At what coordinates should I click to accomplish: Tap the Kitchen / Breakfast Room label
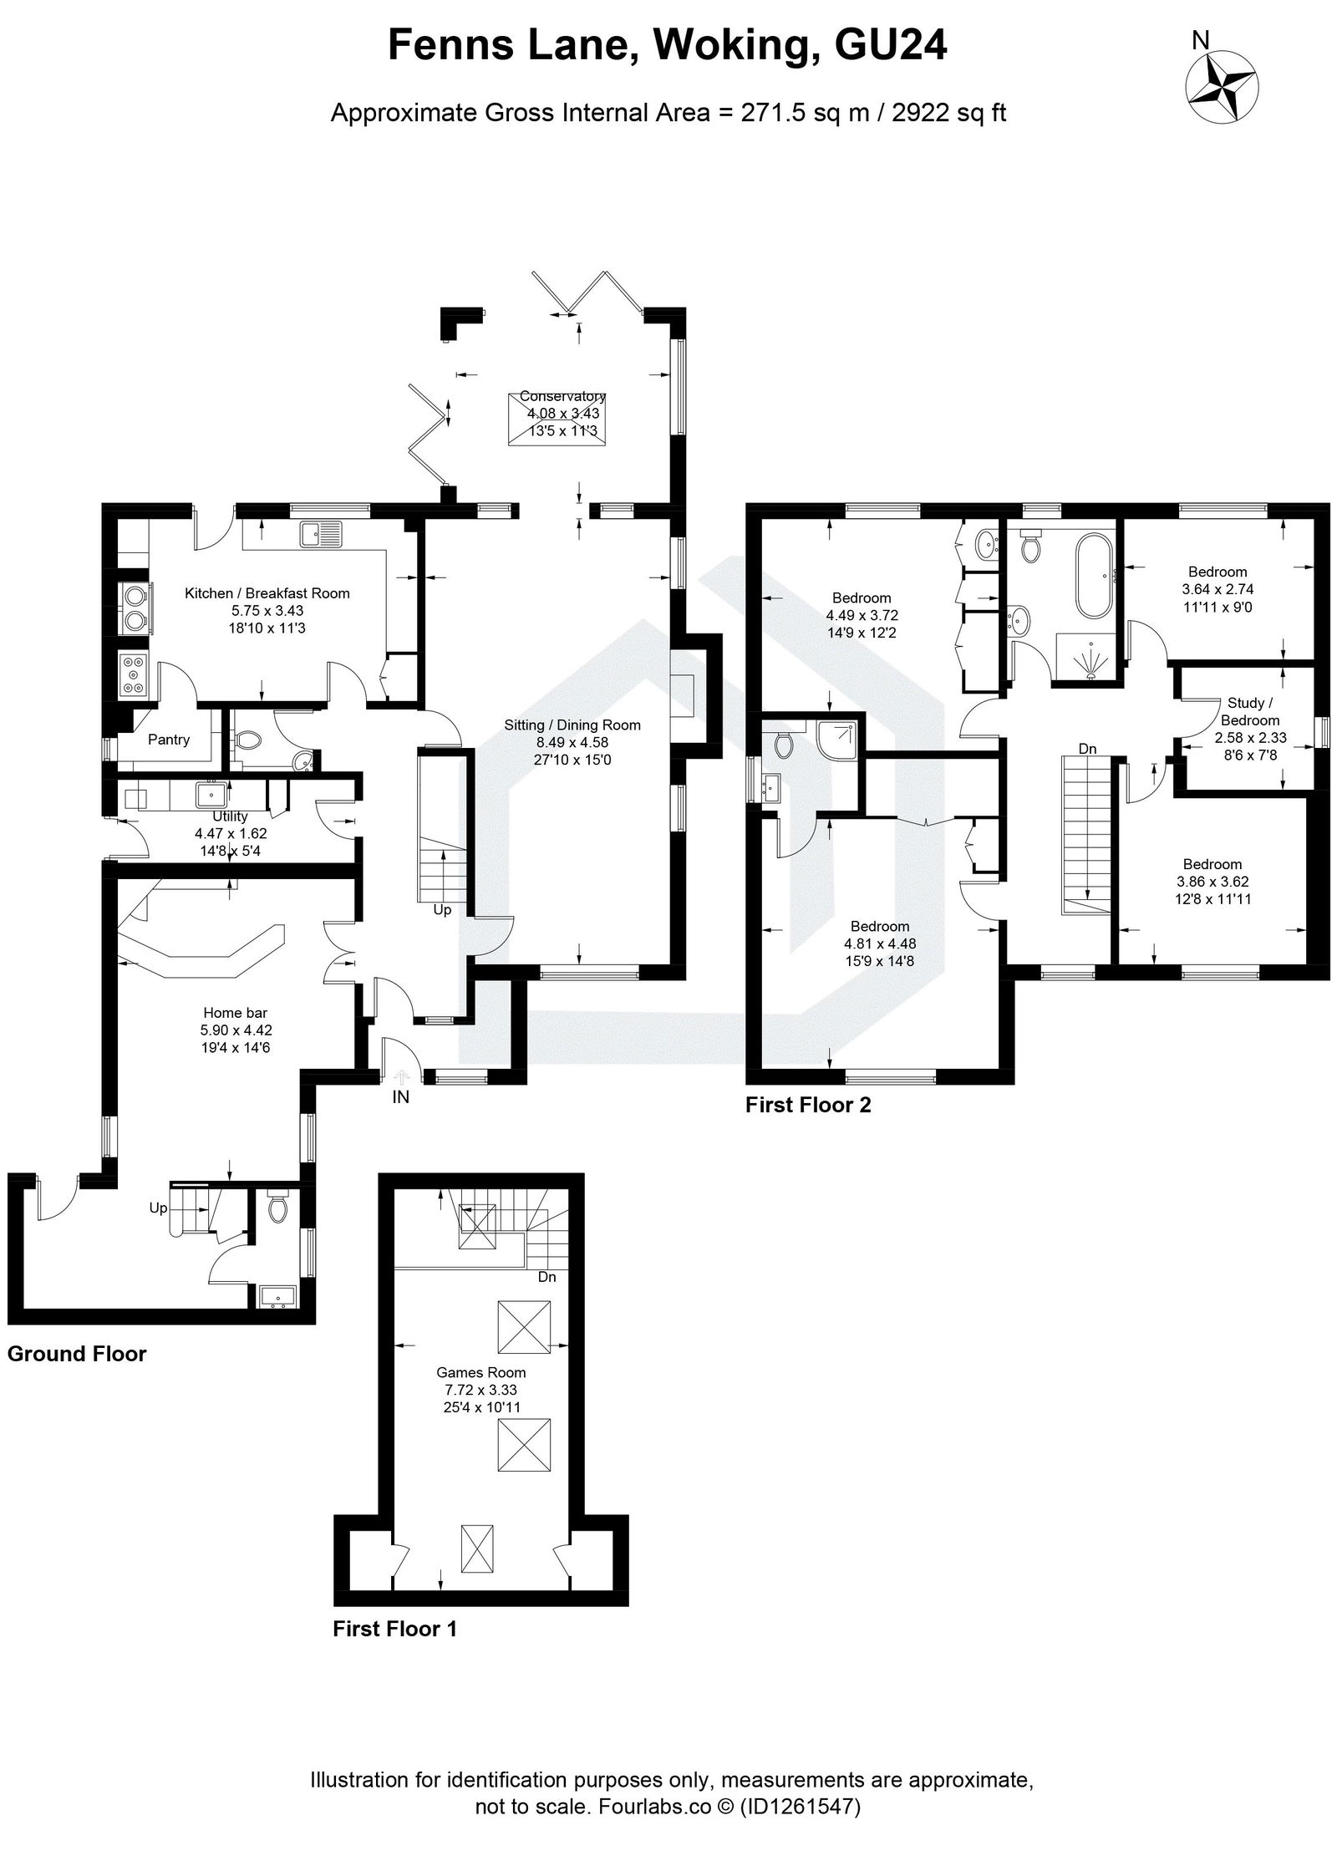point(267,593)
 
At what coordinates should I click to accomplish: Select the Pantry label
point(169,739)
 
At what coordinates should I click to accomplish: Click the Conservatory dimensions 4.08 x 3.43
point(562,414)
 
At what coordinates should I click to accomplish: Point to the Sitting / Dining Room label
point(572,725)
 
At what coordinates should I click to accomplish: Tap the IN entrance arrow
point(400,1079)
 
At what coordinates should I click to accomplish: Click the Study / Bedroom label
point(1249,711)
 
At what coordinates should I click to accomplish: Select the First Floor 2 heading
point(807,1105)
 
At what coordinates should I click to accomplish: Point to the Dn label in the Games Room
point(546,1277)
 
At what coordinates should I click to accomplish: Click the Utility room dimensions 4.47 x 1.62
point(231,833)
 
